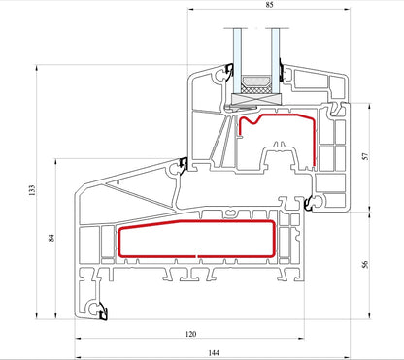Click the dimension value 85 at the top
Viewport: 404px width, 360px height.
point(269,4)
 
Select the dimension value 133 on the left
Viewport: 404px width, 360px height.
point(31,190)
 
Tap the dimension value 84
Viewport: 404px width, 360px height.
point(51,238)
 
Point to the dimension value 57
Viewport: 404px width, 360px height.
point(365,156)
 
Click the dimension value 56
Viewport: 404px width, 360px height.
point(365,264)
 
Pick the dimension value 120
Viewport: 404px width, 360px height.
point(191,334)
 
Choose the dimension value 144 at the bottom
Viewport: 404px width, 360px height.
point(214,352)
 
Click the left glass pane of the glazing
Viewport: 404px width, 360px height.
point(237,60)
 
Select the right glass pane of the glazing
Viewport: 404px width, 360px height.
point(275,60)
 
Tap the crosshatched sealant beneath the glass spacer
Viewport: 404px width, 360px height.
point(256,89)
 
